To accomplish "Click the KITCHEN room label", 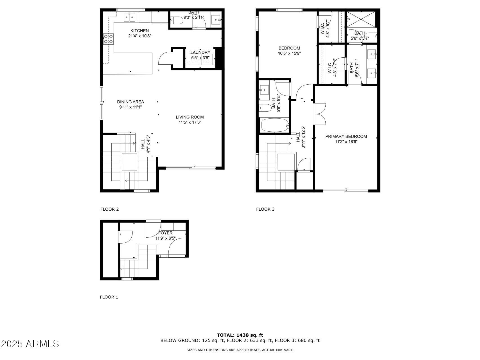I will (139, 31).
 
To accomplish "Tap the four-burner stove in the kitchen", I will (108, 39).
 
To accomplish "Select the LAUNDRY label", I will (200, 53).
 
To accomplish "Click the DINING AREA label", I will (130, 102).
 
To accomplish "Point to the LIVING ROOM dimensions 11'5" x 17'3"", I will (190, 122).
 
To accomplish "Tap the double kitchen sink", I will (129, 17).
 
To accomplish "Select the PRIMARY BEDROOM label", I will (346, 136).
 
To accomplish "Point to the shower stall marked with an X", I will (361, 19).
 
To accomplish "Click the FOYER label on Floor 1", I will (165, 233).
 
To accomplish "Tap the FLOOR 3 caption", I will (265, 209).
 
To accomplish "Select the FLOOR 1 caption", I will (109, 297).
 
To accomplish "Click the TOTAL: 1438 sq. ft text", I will (240, 335).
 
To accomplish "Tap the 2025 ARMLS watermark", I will (30, 344).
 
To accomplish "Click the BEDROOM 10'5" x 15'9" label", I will (289, 51).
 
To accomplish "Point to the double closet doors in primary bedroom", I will (320, 114).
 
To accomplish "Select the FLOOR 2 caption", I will (109, 209).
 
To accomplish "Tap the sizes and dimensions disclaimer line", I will (240, 350).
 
